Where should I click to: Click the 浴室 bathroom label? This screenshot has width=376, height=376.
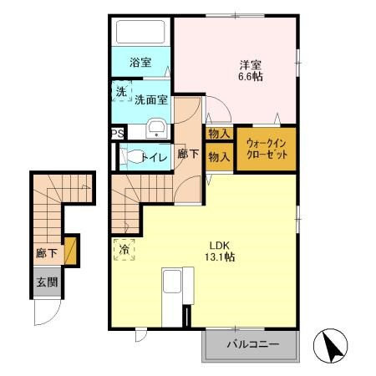[140, 63]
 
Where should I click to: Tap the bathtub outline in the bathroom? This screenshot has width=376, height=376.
[140, 32]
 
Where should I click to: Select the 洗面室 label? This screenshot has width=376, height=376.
[151, 99]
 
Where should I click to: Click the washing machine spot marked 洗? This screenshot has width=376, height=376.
[121, 91]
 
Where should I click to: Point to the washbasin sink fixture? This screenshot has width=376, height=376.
[156, 129]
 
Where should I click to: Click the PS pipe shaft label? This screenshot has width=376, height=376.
[118, 135]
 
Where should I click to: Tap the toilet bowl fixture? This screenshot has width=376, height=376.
[132, 156]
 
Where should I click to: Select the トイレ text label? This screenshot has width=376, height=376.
[155, 158]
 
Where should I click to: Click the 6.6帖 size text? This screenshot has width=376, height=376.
[251, 77]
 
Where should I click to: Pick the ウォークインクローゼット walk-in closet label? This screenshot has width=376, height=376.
[267, 149]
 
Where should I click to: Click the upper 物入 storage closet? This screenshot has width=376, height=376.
[219, 134]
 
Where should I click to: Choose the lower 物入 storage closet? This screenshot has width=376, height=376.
[219, 157]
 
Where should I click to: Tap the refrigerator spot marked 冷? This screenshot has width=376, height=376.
[124, 250]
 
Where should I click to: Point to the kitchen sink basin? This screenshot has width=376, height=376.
[172, 281]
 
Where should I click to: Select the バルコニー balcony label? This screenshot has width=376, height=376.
[253, 344]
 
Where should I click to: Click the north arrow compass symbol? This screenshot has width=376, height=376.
[331, 345]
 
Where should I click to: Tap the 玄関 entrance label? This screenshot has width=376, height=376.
[47, 282]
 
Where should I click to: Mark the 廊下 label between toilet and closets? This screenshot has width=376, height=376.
[188, 154]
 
